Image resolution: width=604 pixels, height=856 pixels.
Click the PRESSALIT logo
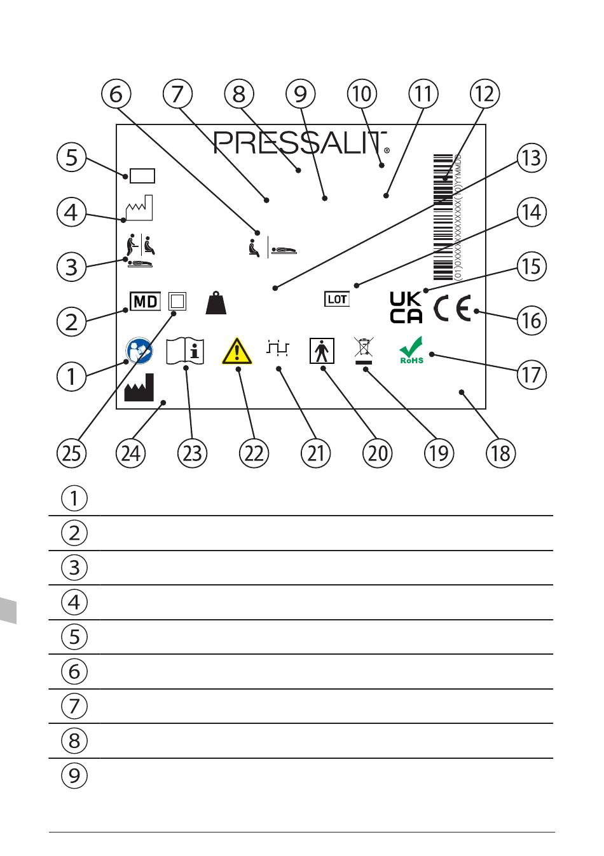pos(301,143)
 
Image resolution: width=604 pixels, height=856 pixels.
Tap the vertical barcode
pos(443,217)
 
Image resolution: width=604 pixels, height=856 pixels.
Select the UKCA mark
pos(406,307)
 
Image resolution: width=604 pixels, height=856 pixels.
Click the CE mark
pos(452,307)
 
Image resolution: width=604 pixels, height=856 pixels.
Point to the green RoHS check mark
pos(411,350)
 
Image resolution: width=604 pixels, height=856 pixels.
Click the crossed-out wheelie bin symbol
pos(364,351)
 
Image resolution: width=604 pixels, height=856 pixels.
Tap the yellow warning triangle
pos(237,351)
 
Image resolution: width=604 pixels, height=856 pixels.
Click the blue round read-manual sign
pos(139,350)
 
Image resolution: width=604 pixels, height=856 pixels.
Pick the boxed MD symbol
pos(145,302)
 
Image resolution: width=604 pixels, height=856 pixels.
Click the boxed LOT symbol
pos(336,299)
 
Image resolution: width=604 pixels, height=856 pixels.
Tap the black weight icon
pos(216,303)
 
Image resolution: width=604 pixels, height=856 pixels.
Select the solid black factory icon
pos(139,387)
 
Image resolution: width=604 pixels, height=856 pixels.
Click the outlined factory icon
pos(139,208)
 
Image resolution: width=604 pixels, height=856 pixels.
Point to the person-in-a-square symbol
pos(322,351)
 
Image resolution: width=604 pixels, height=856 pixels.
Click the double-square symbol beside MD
pos(177,302)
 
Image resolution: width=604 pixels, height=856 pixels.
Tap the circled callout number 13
pos(532,158)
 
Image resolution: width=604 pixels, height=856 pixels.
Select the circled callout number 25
pos(72,453)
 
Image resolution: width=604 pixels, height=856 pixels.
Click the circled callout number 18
pos(501,453)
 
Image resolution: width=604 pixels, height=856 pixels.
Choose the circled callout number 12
pos(484,94)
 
